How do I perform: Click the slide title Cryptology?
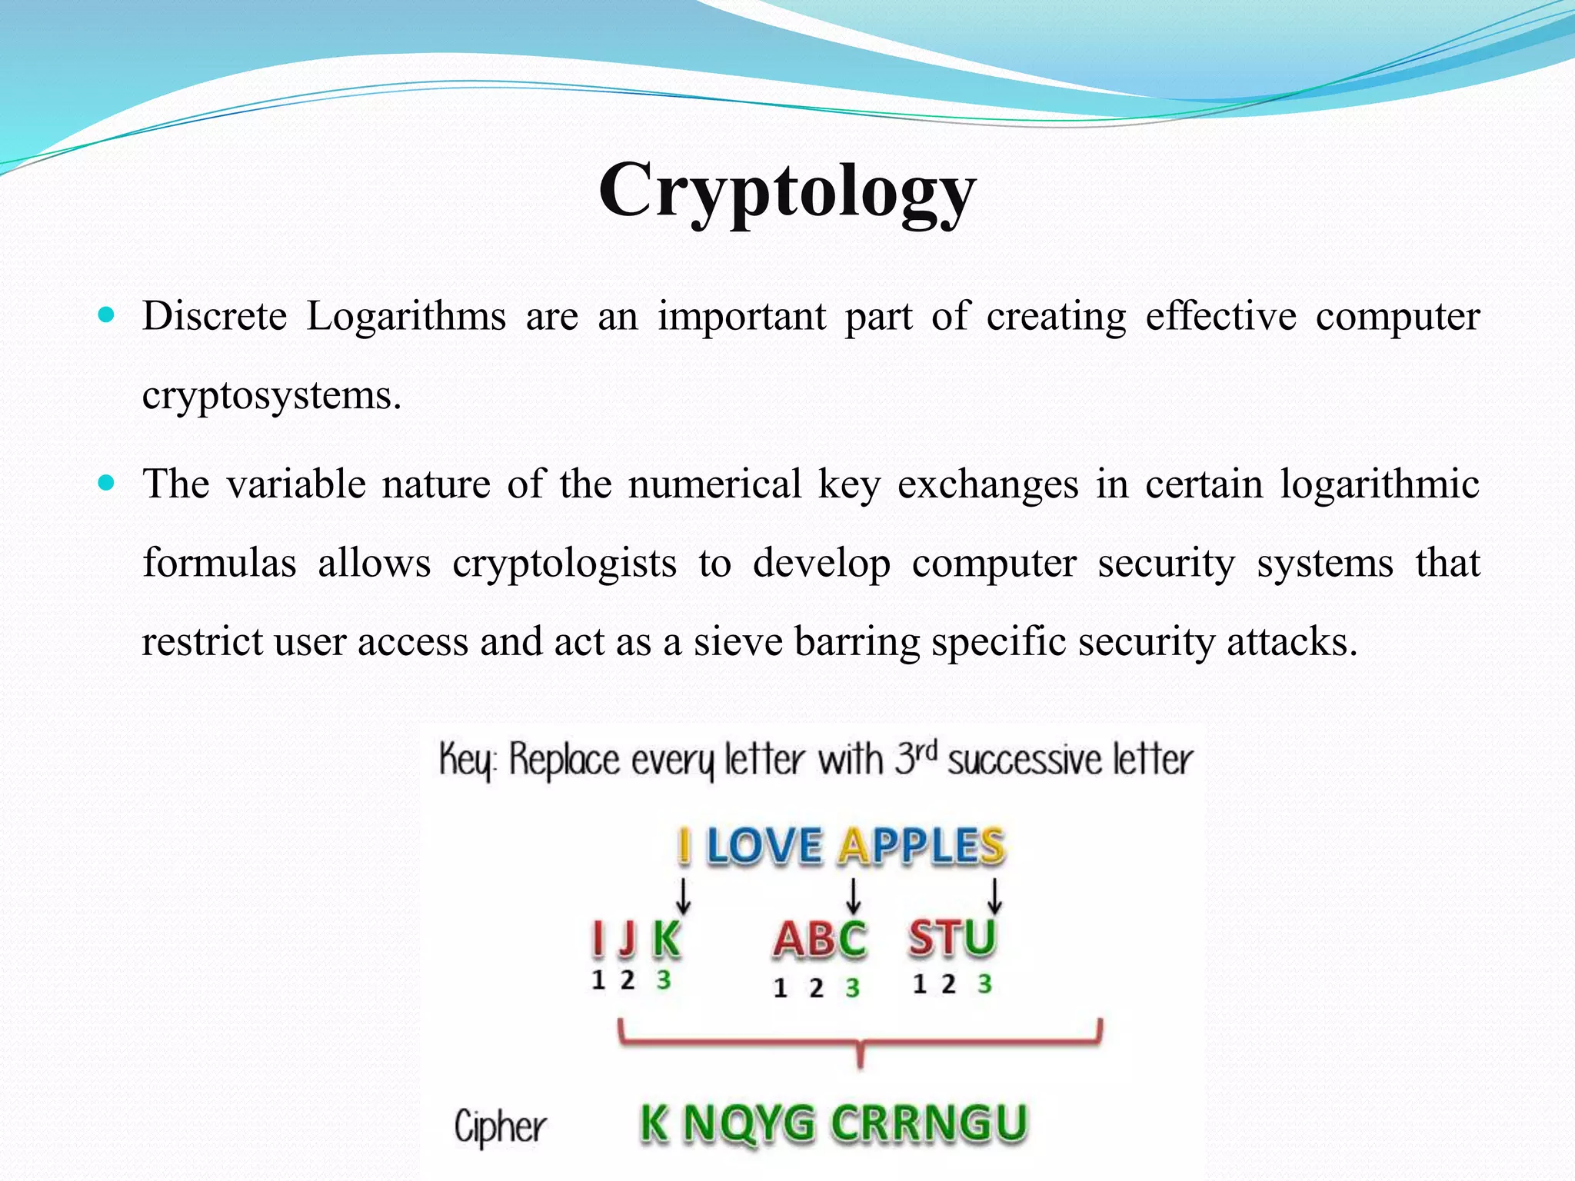[x=787, y=191]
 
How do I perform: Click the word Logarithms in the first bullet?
[x=406, y=316]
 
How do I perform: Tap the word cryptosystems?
[x=271, y=396]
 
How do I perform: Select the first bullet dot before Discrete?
[x=107, y=314]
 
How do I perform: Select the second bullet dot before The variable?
[x=107, y=483]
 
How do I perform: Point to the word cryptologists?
[x=564, y=563]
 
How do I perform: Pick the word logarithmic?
[x=1380, y=484]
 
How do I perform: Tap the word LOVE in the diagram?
[x=764, y=846]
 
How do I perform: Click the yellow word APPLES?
[x=921, y=846]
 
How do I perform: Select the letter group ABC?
[x=820, y=940]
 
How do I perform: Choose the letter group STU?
[x=952, y=938]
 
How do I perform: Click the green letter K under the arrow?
[x=666, y=938]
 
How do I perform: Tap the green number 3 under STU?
[x=984, y=983]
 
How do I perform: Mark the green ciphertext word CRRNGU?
[x=929, y=1123]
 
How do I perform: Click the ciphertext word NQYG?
[x=748, y=1123]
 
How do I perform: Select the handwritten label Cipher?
[x=500, y=1127]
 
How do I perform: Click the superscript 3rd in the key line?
[x=916, y=758]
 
